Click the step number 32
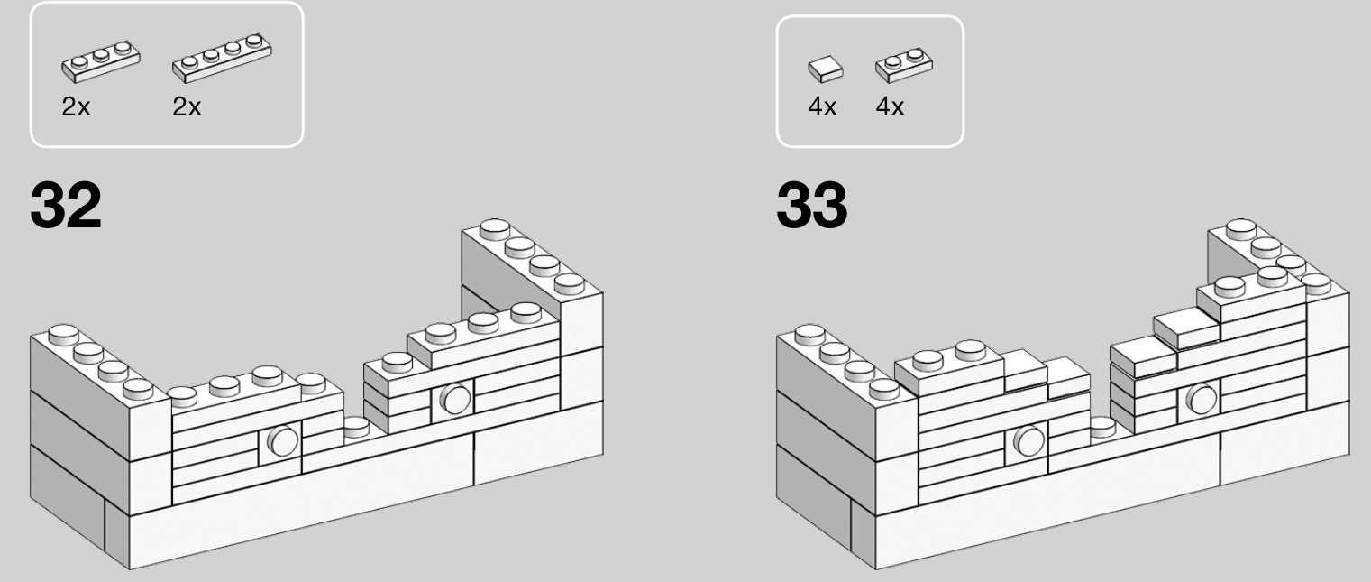pyautogui.click(x=66, y=205)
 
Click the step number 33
pyautogui.click(x=811, y=205)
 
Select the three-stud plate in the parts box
pyautogui.click(x=101, y=61)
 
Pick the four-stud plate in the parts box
pyautogui.click(x=222, y=58)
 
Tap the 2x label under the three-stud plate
pyautogui.click(x=76, y=107)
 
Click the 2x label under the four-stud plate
pyautogui.click(x=187, y=107)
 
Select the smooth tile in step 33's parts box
pyautogui.click(x=825, y=69)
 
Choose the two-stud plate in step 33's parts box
pyautogui.click(x=904, y=65)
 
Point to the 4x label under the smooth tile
pyautogui.click(x=822, y=107)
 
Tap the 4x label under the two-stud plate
pyautogui.click(x=890, y=107)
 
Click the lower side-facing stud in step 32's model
pyautogui.click(x=283, y=440)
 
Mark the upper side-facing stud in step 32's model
pyautogui.click(x=455, y=399)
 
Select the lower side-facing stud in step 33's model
pyautogui.click(x=1028, y=440)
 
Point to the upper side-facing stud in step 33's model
pyautogui.click(x=1202, y=399)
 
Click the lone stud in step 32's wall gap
pyautogui.click(x=356, y=427)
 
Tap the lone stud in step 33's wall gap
pyautogui.click(x=1102, y=427)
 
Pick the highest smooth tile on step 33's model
pyautogui.click(x=1186, y=328)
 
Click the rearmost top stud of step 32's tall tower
pyautogui.click(x=495, y=229)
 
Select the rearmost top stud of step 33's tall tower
pyautogui.click(x=1241, y=229)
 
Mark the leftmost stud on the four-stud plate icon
pyautogui.click(x=189, y=62)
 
